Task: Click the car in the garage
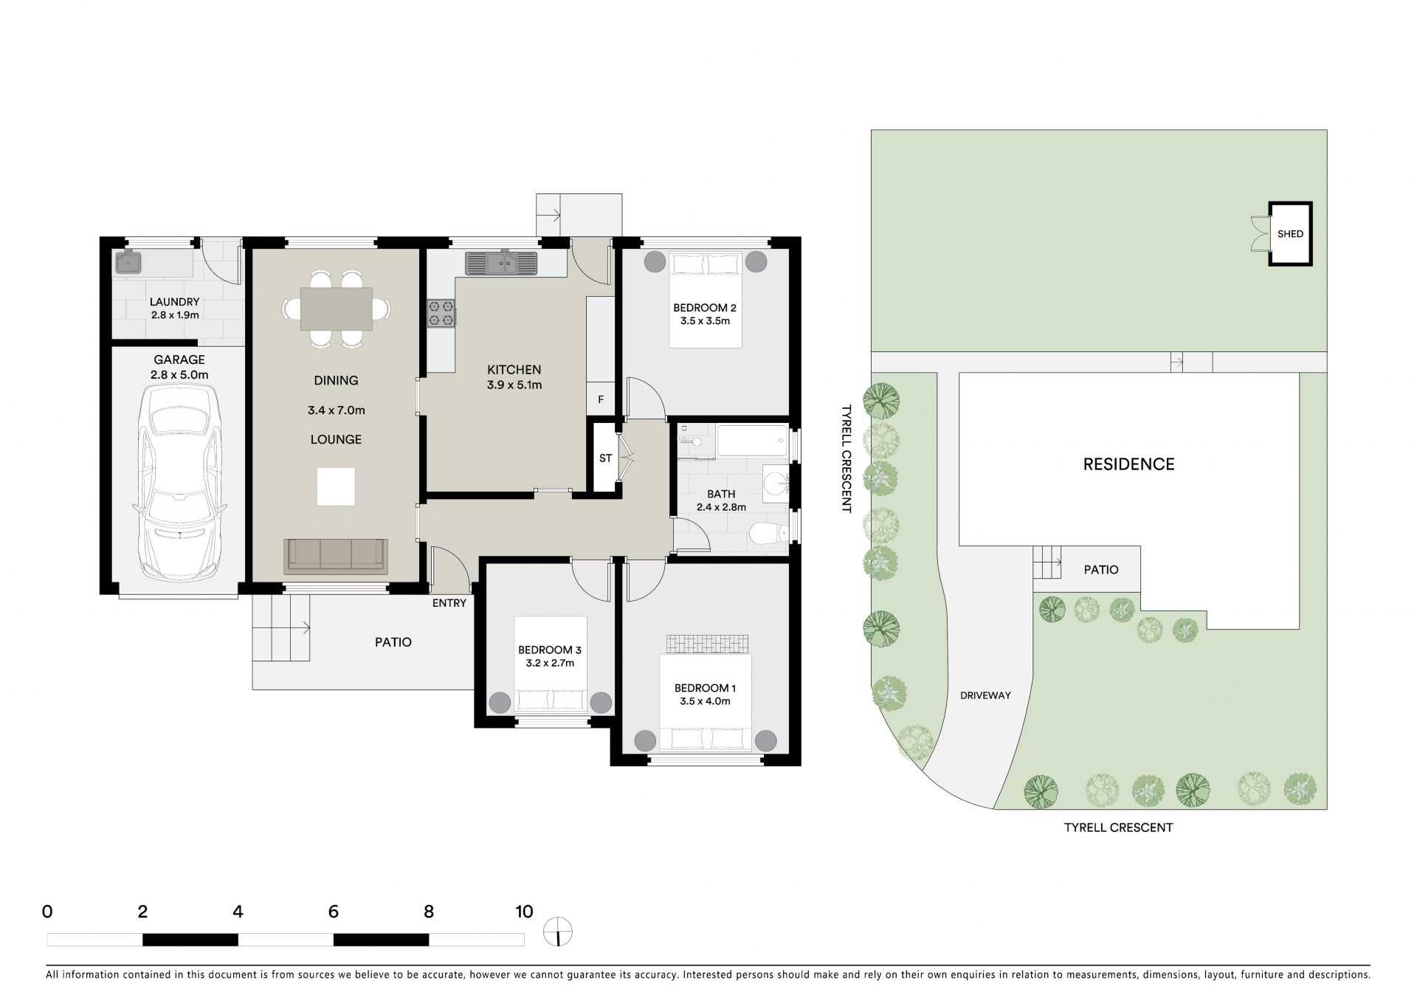(179, 483)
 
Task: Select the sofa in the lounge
(336, 556)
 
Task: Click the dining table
(336, 308)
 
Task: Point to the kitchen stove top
(441, 312)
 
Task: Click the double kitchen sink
(501, 262)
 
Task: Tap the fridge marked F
(601, 399)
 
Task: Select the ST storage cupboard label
(605, 458)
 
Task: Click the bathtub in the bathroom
(752, 440)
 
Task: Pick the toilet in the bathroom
(769, 533)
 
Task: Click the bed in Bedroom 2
(705, 300)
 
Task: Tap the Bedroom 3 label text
(550, 656)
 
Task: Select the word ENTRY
(449, 603)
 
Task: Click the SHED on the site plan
(1290, 234)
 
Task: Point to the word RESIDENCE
(1128, 464)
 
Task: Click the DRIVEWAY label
(985, 695)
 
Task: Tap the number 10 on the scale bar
(523, 912)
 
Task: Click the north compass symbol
(558, 932)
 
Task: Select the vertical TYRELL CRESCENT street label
(846, 458)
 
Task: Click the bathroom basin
(776, 484)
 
